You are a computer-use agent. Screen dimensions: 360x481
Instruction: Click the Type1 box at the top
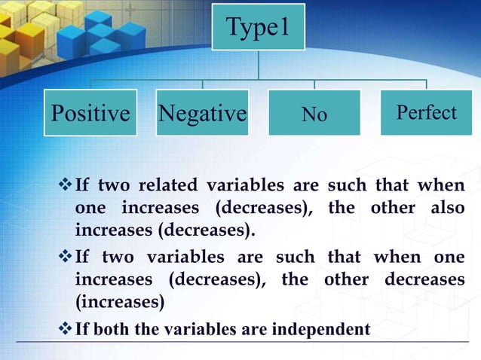[x=258, y=28]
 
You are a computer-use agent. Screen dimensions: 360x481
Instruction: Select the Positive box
[x=90, y=113]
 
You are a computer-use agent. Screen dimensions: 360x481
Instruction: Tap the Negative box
[x=202, y=113]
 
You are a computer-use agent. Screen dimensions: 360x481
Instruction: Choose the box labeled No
[x=314, y=113]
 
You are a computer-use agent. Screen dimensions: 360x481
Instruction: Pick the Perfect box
[x=426, y=112]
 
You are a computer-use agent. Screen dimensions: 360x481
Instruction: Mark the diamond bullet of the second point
[x=64, y=258]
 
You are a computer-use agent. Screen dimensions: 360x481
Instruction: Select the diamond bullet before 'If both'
[x=64, y=329]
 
